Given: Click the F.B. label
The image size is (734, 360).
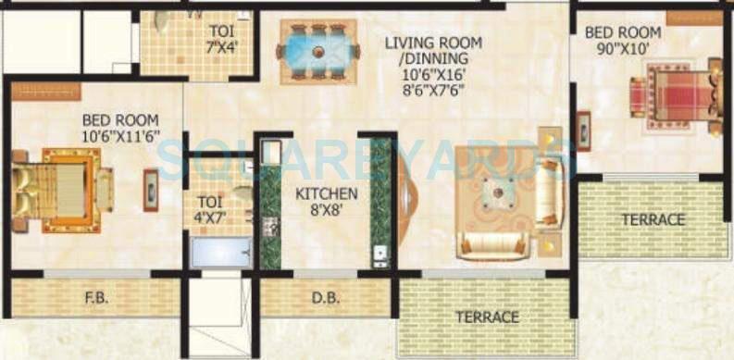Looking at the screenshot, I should click(93, 298).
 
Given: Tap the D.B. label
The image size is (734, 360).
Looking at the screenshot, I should click(314, 298).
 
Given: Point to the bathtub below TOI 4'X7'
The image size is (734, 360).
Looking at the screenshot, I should click(220, 253).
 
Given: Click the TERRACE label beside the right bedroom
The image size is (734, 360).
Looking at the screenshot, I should click(653, 219).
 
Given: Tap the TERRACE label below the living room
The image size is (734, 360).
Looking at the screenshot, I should click(488, 317).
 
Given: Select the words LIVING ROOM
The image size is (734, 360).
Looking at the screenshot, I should click(434, 43).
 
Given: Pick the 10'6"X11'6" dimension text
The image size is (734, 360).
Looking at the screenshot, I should click(120, 136).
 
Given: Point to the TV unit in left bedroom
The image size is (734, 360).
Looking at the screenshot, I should click(151, 190).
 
